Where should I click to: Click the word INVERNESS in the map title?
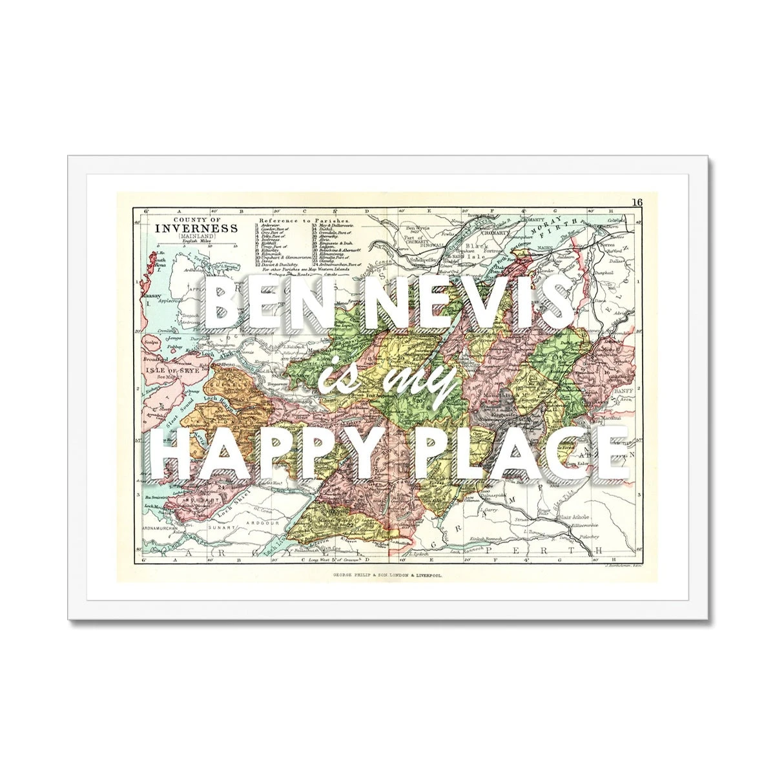(x=195, y=228)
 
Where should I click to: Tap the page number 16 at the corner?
(x=637, y=202)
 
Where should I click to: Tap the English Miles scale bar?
(x=195, y=244)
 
